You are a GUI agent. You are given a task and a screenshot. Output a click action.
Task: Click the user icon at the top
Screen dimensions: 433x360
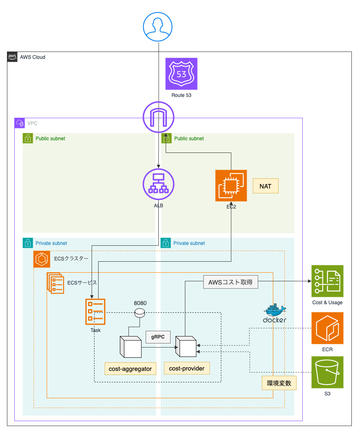click(x=158, y=26)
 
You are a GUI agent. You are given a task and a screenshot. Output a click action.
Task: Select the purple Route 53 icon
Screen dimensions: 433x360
click(x=181, y=74)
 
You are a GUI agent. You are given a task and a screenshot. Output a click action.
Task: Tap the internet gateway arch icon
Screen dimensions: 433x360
click(x=158, y=117)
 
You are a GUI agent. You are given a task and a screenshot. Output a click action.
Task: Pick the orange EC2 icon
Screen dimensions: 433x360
click(x=231, y=186)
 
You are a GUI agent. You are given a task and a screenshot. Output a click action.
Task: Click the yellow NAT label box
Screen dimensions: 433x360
click(x=265, y=186)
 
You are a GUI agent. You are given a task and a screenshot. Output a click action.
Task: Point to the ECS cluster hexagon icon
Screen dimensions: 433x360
click(x=42, y=259)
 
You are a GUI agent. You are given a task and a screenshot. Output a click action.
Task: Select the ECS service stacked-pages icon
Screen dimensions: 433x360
click(x=55, y=283)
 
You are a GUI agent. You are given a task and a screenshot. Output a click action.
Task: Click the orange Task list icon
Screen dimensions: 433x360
click(x=95, y=312)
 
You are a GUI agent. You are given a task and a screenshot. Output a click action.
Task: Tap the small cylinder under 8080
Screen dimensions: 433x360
click(x=140, y=313)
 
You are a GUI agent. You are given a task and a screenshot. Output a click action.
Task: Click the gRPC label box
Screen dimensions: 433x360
click(x=158, y=337)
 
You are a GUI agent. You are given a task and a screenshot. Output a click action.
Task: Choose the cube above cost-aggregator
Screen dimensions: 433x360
click(x=130, y=347)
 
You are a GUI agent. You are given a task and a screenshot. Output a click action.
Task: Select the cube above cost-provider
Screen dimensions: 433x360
click(x=186, y=347)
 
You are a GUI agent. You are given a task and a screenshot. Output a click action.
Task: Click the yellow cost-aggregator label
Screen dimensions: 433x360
click(x=130, y=368)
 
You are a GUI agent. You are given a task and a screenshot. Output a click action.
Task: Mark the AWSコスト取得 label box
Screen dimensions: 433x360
click(x=231, y=282)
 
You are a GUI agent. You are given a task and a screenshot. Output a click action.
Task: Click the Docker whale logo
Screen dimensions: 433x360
click(x=274, y=314)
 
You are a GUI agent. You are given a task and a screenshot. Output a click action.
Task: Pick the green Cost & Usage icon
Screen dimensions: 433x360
click(x=327, y=281)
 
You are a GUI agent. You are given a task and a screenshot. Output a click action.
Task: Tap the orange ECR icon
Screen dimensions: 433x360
click(x=327, y=328)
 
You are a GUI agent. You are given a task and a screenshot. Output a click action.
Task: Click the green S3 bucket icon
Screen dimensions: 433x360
click(x=327, y=372)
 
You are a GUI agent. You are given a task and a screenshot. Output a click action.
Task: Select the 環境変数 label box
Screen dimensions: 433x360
click(x=279, y=383)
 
